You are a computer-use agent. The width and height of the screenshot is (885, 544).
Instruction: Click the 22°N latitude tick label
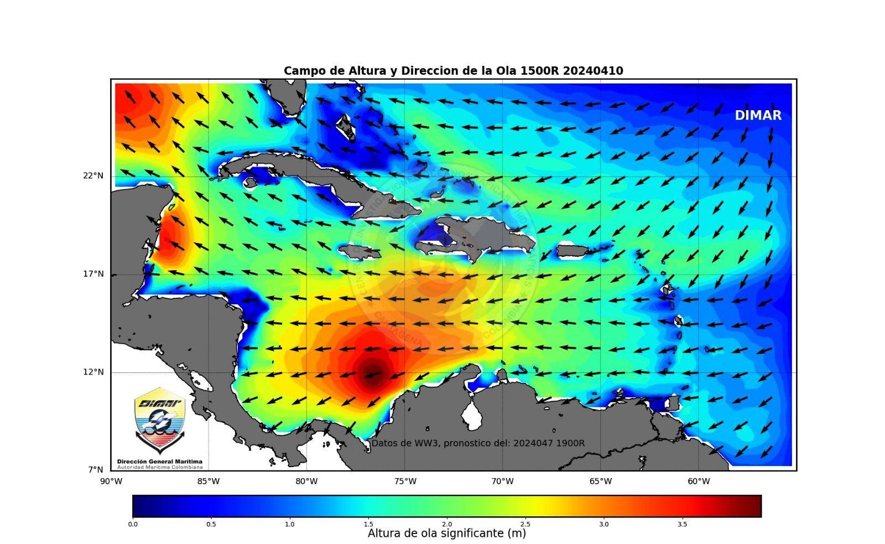click(93, 176)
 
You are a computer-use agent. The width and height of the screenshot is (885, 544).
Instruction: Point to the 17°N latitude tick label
click(93, 274)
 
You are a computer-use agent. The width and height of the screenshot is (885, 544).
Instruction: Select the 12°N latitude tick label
click(93, 372)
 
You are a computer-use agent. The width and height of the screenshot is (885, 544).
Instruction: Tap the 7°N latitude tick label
click(95, 470)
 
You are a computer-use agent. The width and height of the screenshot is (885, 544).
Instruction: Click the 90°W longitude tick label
click(111, 481)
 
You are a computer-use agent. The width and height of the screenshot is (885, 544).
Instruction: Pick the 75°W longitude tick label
click(405, 481)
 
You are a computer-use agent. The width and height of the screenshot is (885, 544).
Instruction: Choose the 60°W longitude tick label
click(699, 481)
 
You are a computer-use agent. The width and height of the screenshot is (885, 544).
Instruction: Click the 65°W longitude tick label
click(601, 481)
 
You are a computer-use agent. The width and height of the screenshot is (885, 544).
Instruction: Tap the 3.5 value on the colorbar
click(683, 524)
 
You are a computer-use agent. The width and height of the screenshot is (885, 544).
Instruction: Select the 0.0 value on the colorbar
click(133, 524)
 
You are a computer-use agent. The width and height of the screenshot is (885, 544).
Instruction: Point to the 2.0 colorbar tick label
click(447, 524)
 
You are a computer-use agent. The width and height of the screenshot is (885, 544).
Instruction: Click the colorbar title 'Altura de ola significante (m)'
click(447, 533)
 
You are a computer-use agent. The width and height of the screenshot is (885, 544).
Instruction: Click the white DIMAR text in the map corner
click(758, 116)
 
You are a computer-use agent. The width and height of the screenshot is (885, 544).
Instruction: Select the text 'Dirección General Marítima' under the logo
click(160, 462)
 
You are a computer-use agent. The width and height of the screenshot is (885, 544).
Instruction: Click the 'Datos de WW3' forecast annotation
click(477, 443)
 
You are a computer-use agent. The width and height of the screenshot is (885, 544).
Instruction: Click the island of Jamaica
click(359, 253)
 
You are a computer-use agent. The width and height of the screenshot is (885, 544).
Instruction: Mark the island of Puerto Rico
click(572, 251)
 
